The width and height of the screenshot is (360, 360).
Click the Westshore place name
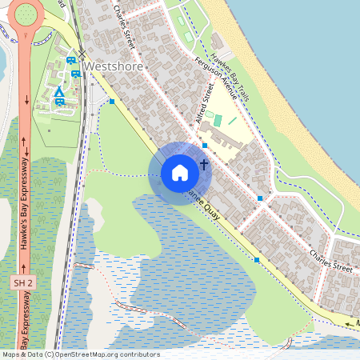pos(114,66)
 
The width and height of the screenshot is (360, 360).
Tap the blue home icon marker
pos(180,173)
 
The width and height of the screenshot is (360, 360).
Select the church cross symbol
pos(204,165)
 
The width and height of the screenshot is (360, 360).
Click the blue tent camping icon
pos(59,94)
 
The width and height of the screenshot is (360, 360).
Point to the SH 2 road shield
pos(24,283)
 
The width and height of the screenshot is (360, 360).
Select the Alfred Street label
pos(206,103)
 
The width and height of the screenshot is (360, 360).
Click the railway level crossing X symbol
pos(81,54)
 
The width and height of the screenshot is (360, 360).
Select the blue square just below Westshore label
pos(113,102)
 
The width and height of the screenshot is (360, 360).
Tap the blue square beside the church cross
pos(206,146)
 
